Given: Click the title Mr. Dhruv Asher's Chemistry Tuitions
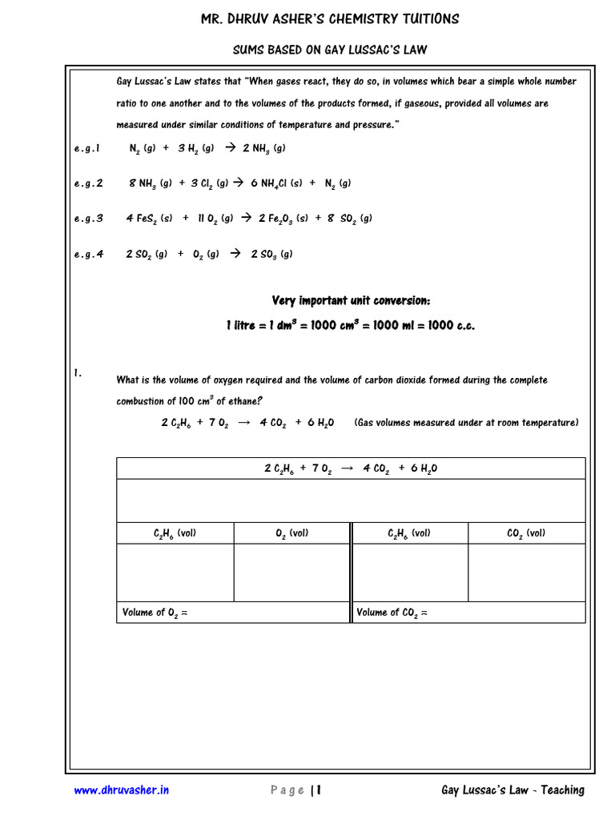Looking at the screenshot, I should (x=330, y=19).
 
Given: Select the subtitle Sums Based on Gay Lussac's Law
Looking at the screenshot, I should (x=330, y=50).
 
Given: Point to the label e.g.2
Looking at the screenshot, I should (x=88, y=183).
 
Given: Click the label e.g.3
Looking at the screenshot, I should (x=88, y=219).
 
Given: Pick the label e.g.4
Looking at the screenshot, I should (x=88, y=255).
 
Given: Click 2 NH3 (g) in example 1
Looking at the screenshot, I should (x=263, y=148).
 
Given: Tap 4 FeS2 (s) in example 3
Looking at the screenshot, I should (x=149, y=219).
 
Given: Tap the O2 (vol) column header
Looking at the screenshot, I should (x=291, y=533).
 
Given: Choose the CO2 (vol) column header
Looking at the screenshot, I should (x=526, y=533).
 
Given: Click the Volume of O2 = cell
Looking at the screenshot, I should (x=233, y=613).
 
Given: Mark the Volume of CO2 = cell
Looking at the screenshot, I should (x=468, y=613).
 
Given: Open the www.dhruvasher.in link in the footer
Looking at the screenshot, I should (x=122, y=790).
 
